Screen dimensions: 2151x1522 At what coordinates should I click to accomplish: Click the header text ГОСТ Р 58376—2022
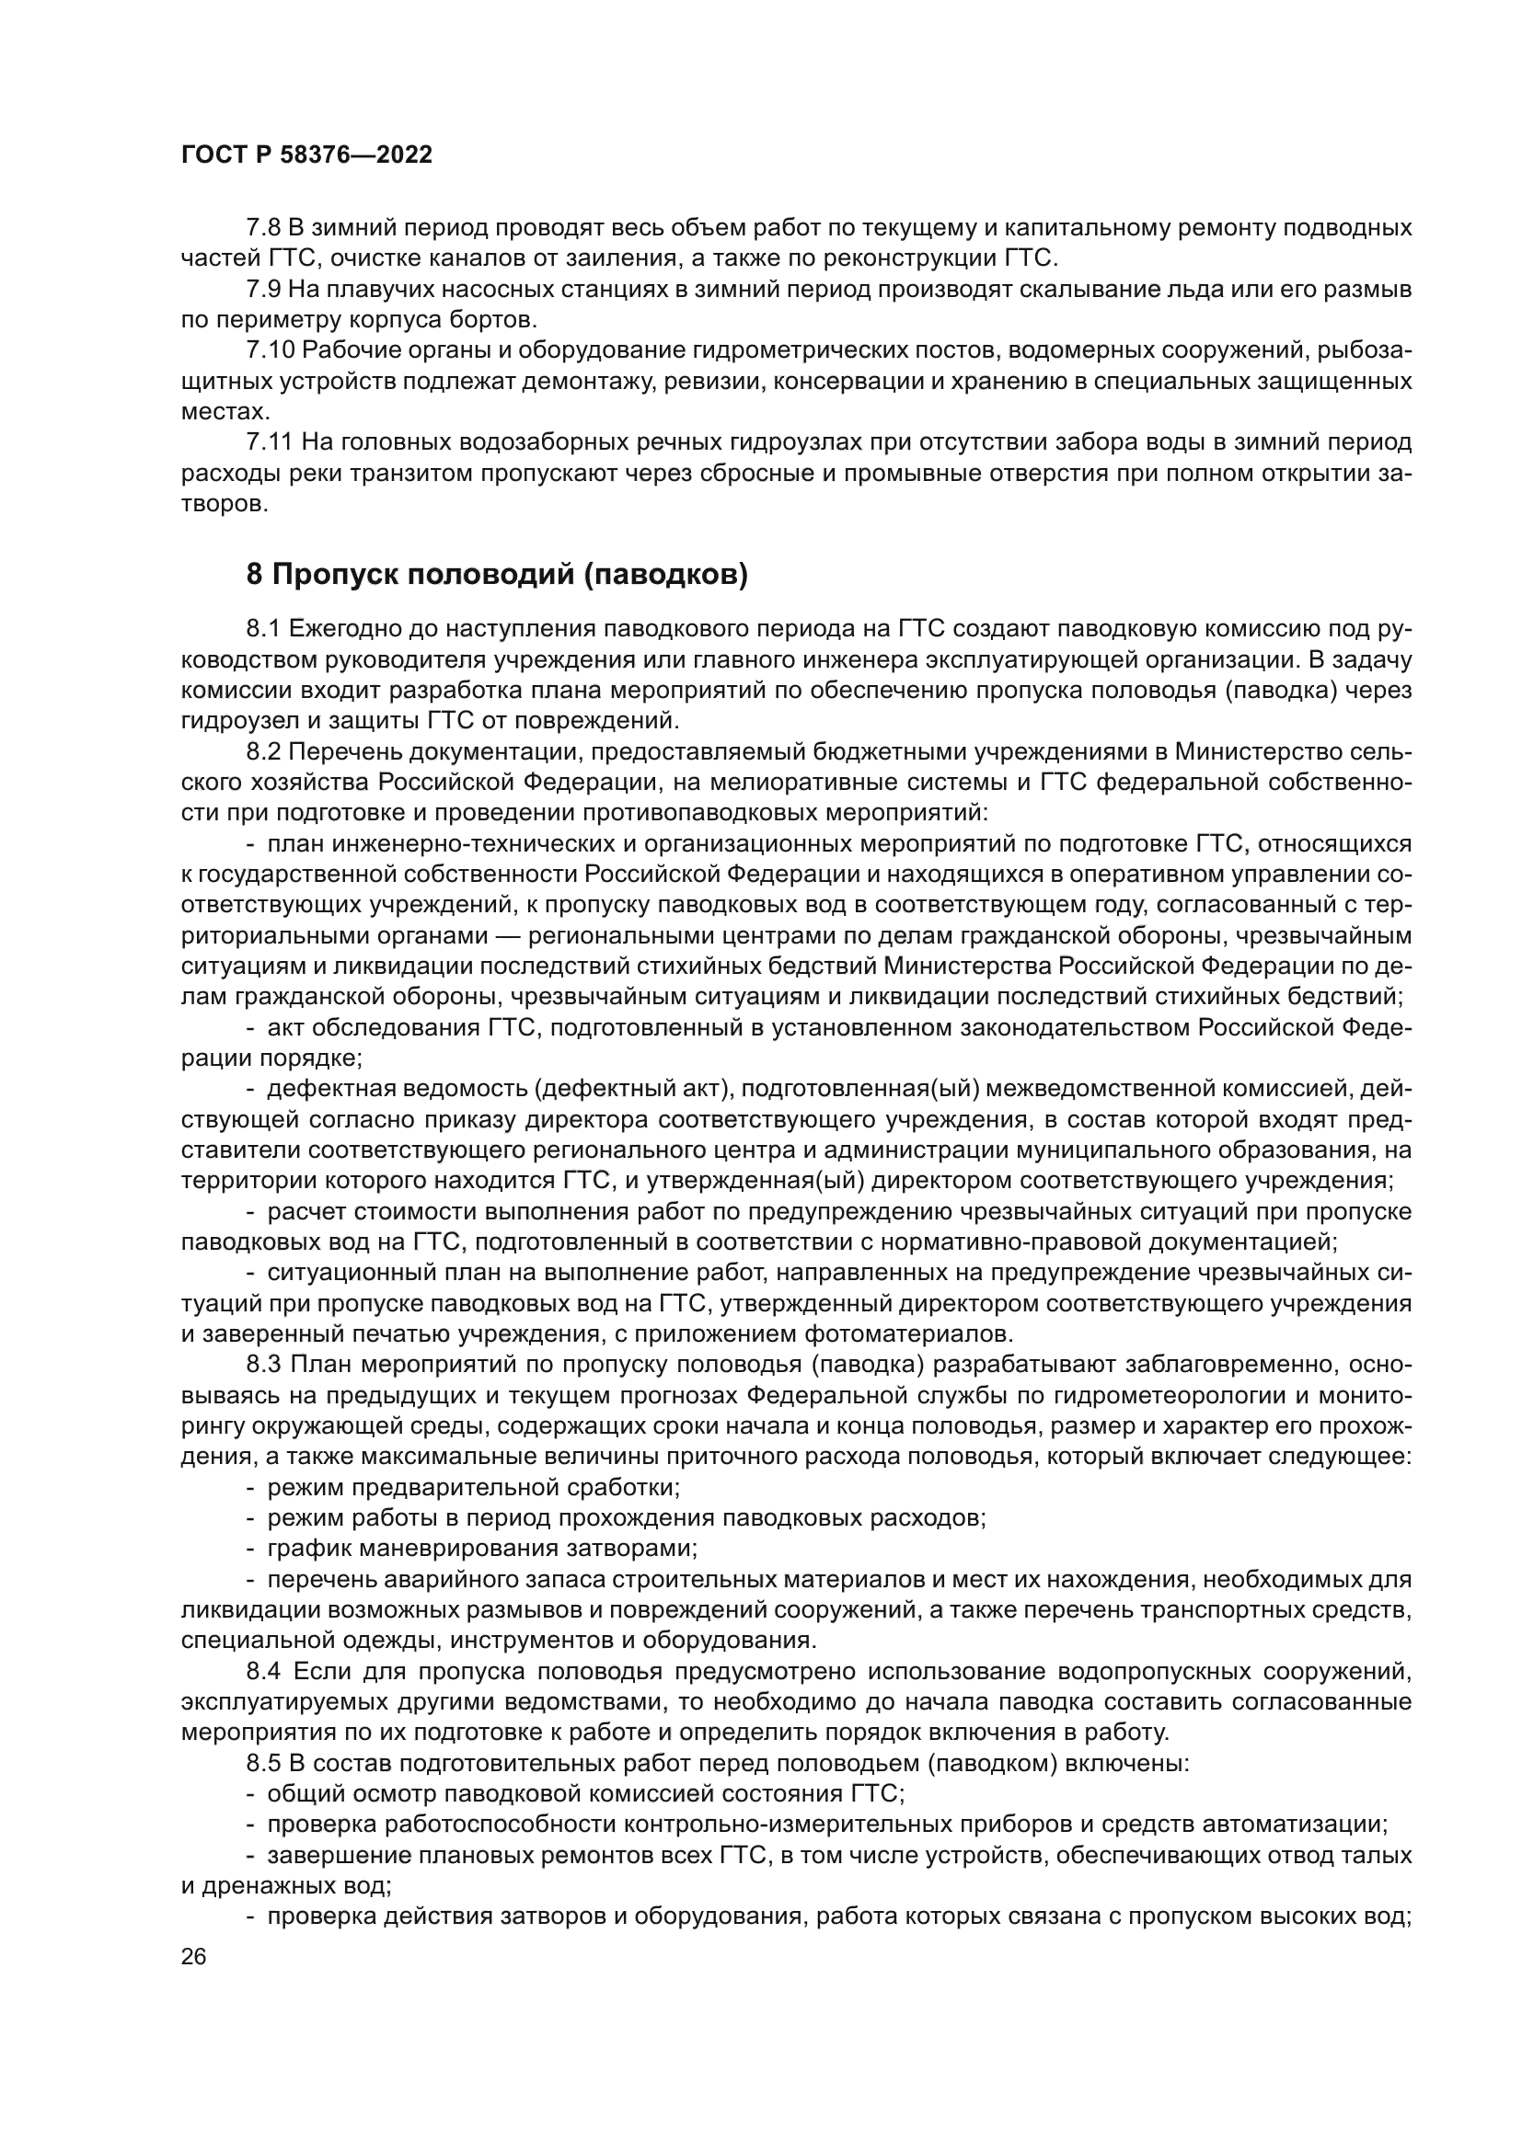pyautogui.click(x=306, y=155)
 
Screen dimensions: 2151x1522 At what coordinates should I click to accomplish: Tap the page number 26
pyautogui.click(x=193, y=1956)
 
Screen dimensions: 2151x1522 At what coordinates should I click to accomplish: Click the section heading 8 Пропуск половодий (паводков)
pyautogui.click(x=497, y=573)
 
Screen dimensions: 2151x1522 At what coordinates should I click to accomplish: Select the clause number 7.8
pyautogui.click(x=262, y=228)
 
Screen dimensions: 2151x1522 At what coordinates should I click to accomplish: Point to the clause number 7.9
pyautogui.click(x=262, y=289)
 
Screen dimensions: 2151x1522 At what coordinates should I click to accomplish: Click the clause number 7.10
pyautogui.click(x=269, y=350)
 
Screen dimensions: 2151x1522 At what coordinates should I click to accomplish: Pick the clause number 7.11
pyautogui.click(x=268, y=442)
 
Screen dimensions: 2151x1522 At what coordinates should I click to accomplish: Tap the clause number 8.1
pyautogui.click(x=262, y=628)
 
